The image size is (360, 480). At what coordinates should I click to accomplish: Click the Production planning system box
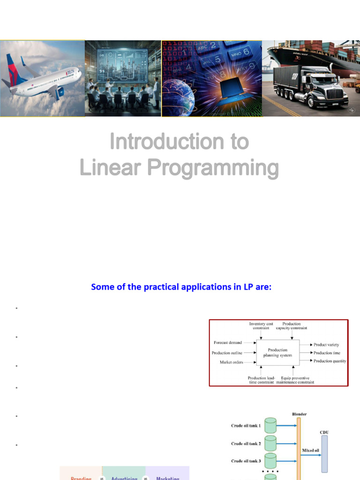pyautogui.click(x=277, y=352)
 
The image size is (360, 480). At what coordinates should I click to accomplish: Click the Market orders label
pyautogui.click(x=232, y=362)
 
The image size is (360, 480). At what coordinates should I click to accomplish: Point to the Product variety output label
pyautogui.click(x=326, y=345)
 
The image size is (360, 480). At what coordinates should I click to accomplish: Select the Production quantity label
pyautogui.click(x=330, y=361)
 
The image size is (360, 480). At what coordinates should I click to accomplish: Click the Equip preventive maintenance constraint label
pyautogui.click(x=295, y=380)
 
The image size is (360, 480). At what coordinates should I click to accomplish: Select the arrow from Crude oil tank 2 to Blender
pyautogui.click(x=286, y=443)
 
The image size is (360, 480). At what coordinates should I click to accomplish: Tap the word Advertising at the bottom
pyautogui.click(x=124, y=477)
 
